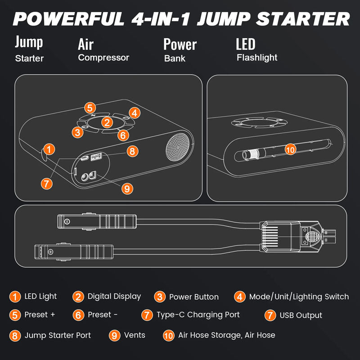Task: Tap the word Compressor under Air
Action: (x=103, y=58)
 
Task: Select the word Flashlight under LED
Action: (x=257, y=58)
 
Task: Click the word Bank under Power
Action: (x=175, y=58)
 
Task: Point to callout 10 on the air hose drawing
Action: (x=291, y=150)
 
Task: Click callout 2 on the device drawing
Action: (x=107, y=121)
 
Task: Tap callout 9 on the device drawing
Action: (x=127, y=189)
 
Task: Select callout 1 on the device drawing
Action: (x=50, y=149)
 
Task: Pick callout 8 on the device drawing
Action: (x=131, y=151)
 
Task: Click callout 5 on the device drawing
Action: (x=90, y=108)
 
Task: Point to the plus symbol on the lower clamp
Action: (x=51, y=252)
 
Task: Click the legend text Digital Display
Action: (x=114, y=297)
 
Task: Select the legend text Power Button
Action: (x=193, y=297)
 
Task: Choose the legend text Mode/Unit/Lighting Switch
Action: (x=299, y=297)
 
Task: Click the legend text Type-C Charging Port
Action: (x=198, y=315)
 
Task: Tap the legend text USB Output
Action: (x=301, y=315)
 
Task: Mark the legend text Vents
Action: (x=135, y=335)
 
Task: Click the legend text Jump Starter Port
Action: (x=58, y=335)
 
